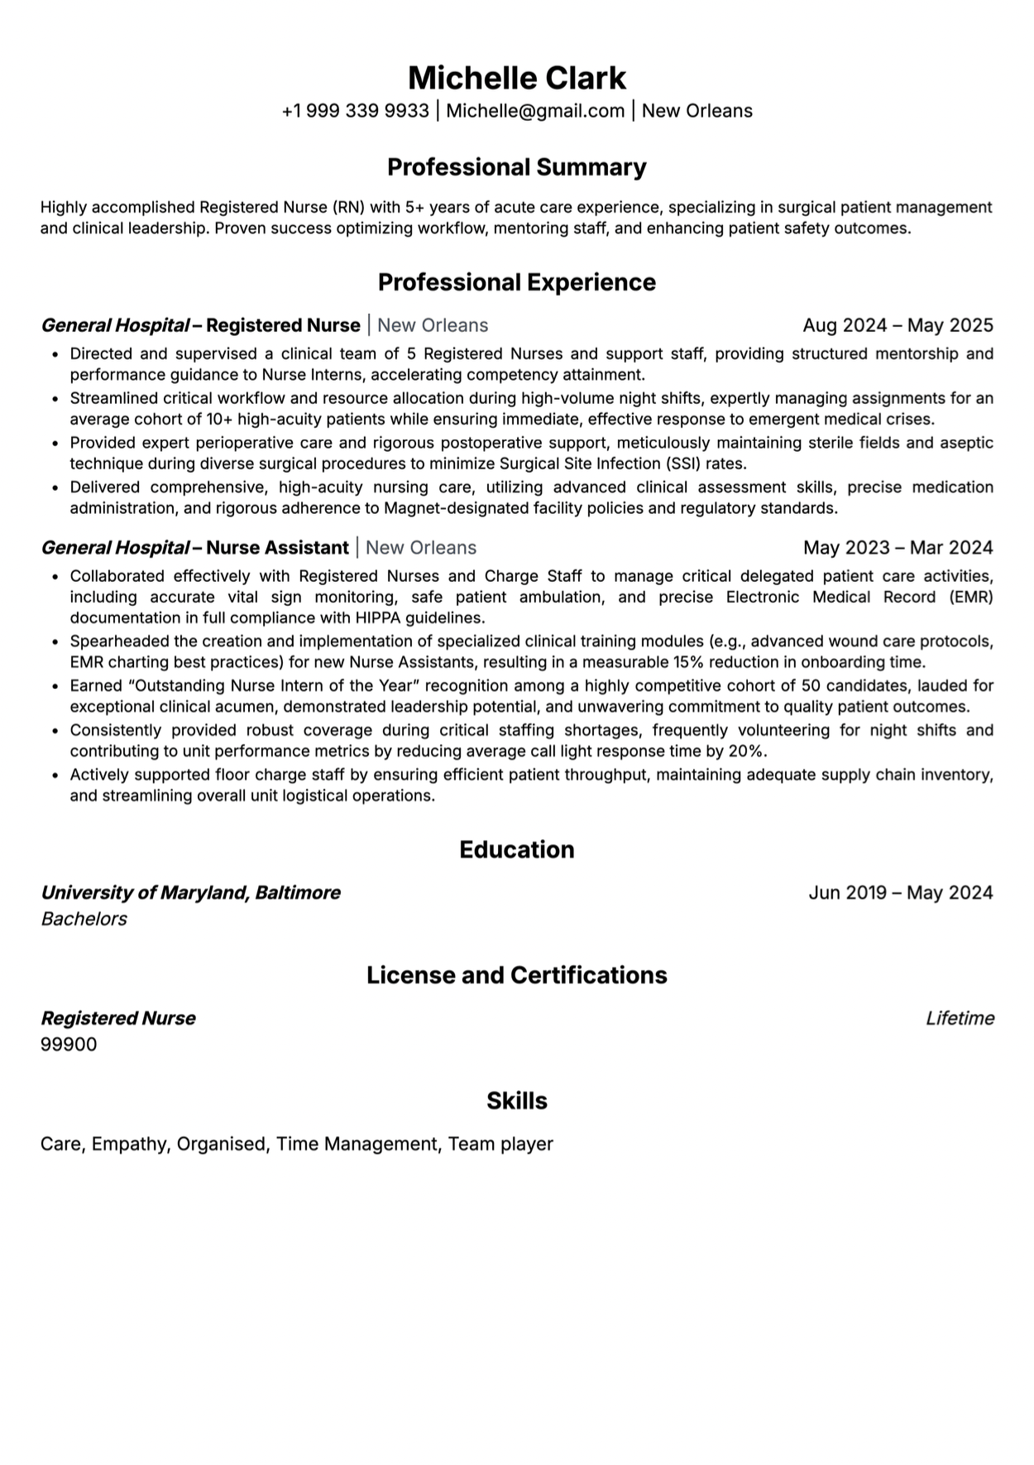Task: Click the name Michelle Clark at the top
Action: click(x=517, y=78)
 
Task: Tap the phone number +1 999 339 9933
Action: click(x=355, y=111)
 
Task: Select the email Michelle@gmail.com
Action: click(x=535, y=111)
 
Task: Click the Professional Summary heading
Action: click(x=517, y=167)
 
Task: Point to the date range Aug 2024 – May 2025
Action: click(x=898, y=325)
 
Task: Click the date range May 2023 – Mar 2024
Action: click(x=898, y=548)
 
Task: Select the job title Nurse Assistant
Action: click(x=277, y=548)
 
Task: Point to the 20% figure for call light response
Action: click(x=749, y=752)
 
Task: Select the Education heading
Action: click(x=517, y=850)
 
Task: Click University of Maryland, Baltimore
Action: click(x=191, y=893)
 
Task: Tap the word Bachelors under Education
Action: click(x=84, y=920)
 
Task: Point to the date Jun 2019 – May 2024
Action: click(x=900, y=893)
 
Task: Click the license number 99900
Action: click(x=69, y=1045)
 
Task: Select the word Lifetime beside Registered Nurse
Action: click(x=960, y=1019)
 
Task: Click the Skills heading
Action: click(x=517, y=1102)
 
